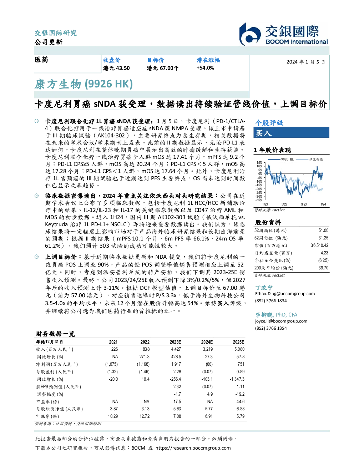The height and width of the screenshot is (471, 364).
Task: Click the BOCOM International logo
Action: click(x=283, y=34)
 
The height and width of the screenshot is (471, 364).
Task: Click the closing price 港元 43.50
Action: click(x=116, y=68)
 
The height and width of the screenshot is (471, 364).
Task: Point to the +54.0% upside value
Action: click(x=205, y=68)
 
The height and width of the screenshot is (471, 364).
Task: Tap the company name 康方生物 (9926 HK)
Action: click(x=84, y=84)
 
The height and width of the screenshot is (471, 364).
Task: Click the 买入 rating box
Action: click(x=291, y=132)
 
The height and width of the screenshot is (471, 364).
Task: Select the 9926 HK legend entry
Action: click(x=281, y=159)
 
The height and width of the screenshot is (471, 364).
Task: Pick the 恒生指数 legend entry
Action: click(x=310, y=159)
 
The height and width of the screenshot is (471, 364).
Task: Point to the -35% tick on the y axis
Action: click(x=259, y=200)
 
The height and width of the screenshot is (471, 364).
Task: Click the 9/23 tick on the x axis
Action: click(x=304, y=204)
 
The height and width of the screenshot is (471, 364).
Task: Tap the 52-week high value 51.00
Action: click(x=323, y=230)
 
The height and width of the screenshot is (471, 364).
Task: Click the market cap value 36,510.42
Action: click(x=319, y=245)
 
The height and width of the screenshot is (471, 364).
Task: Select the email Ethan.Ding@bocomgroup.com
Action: click(x=285, y=294)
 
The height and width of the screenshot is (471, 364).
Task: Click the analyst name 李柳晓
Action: click(x=264, y=315)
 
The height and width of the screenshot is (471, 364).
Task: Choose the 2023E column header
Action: click(x=175, y=342)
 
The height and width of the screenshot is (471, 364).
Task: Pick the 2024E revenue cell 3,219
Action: click(x=208, y=349)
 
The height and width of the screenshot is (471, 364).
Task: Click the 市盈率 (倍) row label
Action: click(x=47, y=402)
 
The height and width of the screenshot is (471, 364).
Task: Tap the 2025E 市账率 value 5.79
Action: click(x=241, y=416)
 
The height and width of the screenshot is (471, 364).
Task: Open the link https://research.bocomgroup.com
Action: click(x=193, y=448)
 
